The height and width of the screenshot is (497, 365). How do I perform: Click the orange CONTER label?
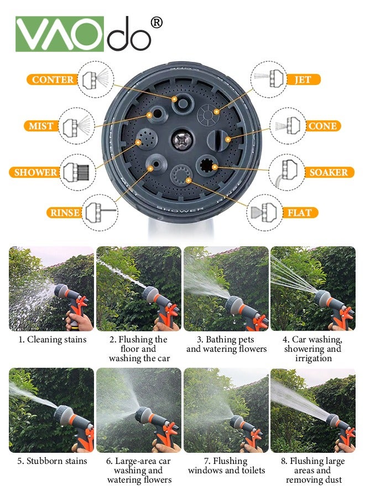(x=53, y=79)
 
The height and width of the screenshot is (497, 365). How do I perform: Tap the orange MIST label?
(x=41, y=126)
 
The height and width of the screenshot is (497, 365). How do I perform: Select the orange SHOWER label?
(x=35, y=172)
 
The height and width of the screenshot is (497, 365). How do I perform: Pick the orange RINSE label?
(x=65, y=213)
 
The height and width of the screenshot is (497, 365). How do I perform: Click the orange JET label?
(x=303, y=79)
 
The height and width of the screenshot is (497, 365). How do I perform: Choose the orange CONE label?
(x=323, y=126)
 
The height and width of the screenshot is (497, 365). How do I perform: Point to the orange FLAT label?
(x=300, y=213)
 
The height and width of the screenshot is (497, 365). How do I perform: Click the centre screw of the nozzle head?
(x=182, y=140)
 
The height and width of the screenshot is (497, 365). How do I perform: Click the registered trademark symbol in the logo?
(x=156, y=23)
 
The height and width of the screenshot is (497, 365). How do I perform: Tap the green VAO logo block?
(x=60, y=34)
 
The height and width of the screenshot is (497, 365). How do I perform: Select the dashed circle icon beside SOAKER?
(x=287, y=172)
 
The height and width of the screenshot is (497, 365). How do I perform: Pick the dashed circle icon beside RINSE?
(x=100, y=213)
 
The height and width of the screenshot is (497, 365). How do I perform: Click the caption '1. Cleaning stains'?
(x=53, y=340)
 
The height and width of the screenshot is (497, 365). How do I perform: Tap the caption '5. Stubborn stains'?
(x=52, y=461)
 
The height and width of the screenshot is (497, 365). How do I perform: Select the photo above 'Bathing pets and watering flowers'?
(x=226, y=289)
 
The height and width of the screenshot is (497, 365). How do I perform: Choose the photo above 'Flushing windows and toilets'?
(x=226, y=410)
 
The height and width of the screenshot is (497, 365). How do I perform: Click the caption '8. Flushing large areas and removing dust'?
(x=313, y=470)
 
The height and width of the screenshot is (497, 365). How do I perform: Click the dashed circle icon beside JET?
(x=269, y=79)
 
